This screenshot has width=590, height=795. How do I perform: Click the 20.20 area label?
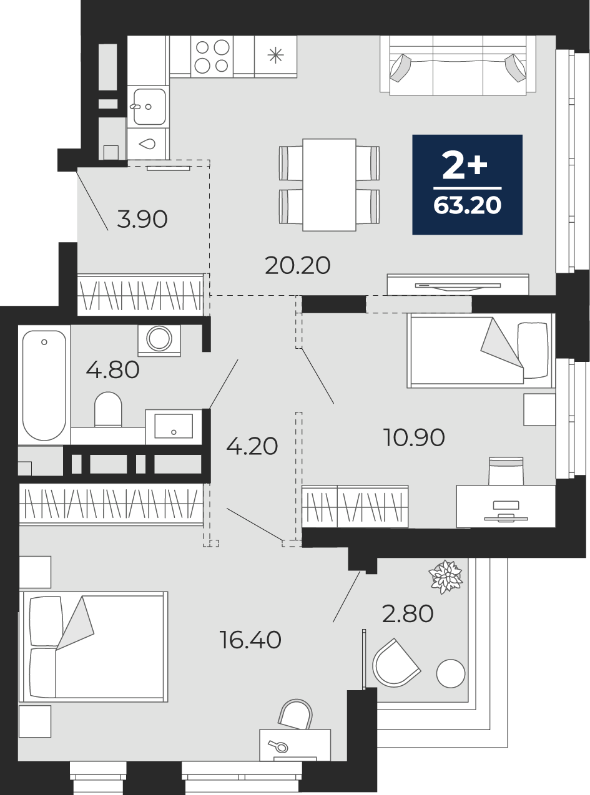[298, 266]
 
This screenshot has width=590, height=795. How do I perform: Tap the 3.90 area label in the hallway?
[142, 220]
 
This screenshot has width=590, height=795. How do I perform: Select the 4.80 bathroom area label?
[112, 370]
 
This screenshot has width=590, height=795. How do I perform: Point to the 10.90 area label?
[415, 437]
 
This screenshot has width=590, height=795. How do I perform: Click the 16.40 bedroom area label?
[250, 640]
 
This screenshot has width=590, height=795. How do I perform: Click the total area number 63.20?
[468, 205]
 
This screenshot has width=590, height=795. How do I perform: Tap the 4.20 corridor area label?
[252, 446]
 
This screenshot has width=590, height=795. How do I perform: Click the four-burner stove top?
[212, 57]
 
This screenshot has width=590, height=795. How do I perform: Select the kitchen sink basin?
[150, 107]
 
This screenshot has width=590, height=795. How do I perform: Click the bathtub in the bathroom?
[44, 385]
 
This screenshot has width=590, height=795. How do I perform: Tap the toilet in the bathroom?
[108, 409]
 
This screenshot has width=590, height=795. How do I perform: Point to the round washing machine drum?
[159, 338]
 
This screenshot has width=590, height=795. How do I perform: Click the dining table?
[329, 185]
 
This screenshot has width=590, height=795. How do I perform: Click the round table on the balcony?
[451, 673]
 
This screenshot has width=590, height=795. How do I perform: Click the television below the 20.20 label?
[458, 286]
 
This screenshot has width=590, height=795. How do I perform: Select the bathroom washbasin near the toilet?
[174, 426]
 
